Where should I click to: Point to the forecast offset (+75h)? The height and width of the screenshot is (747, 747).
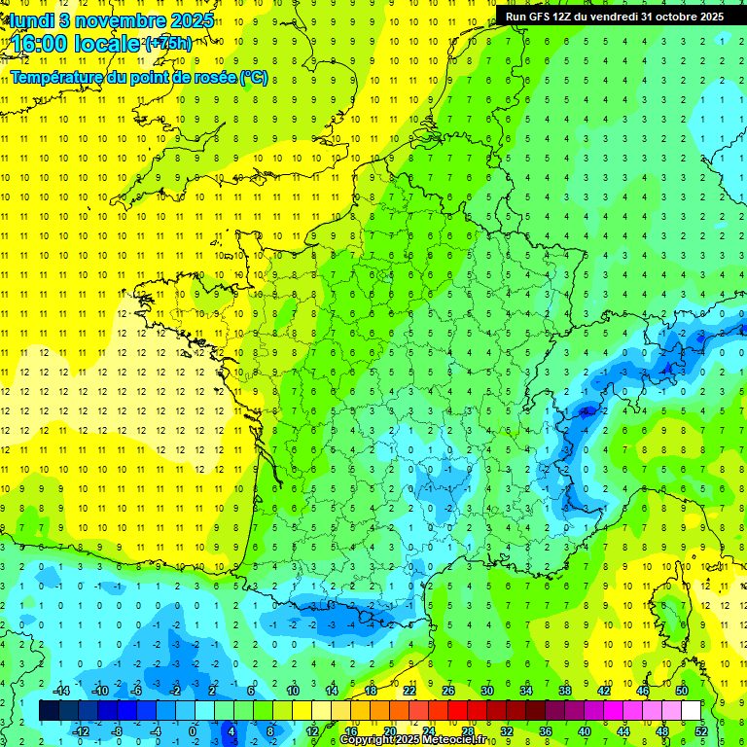(167, 44)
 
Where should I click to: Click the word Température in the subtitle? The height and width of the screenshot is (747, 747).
(53, 77)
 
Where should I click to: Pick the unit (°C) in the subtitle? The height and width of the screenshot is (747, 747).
(254, 77)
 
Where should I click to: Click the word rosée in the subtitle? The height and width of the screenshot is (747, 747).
(213, 77)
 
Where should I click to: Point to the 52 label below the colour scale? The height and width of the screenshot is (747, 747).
(700, 730)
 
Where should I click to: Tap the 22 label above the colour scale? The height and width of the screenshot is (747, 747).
(409, 691)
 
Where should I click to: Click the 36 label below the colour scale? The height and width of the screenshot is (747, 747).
(545, 730)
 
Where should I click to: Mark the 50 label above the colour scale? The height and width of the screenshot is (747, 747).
(681, 691)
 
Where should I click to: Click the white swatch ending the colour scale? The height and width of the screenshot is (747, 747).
(691, 711)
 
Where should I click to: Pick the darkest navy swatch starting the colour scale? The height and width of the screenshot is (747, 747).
(49, 711)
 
